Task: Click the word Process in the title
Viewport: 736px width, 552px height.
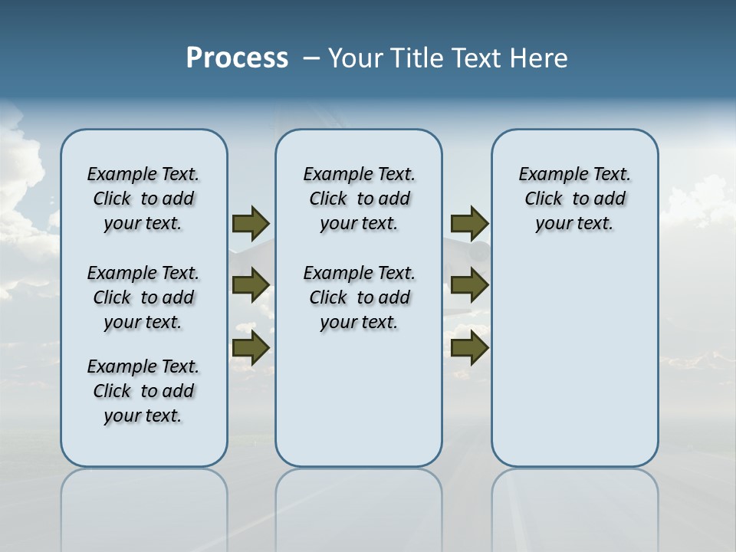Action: click(x=237, y=58)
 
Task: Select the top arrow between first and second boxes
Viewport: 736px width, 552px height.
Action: click(x=251, y=223)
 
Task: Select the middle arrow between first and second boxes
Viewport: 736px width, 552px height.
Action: click(x=251, y=285)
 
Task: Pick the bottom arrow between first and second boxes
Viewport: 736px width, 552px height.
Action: click(x=251, y=348)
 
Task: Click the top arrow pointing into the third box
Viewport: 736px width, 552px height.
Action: click(x=469, y=223)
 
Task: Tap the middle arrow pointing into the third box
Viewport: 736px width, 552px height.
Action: click(x=469, y=285)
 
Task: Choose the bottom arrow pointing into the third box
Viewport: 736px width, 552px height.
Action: click(x=469, y=348)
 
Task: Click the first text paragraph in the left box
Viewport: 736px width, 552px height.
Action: click(x=143, y=199)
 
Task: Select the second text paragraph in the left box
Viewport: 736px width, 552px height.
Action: click(x=143, y=297)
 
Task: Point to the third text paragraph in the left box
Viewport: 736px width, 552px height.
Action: click(x=143, y=391)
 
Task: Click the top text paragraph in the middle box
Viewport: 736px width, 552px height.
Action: click(x=359, y=199)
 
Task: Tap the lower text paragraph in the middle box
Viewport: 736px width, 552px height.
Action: click(x=359, y=297)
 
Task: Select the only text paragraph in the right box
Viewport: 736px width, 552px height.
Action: click(x=574, y=199)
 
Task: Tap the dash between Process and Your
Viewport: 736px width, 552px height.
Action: click(x=311, y=58)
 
